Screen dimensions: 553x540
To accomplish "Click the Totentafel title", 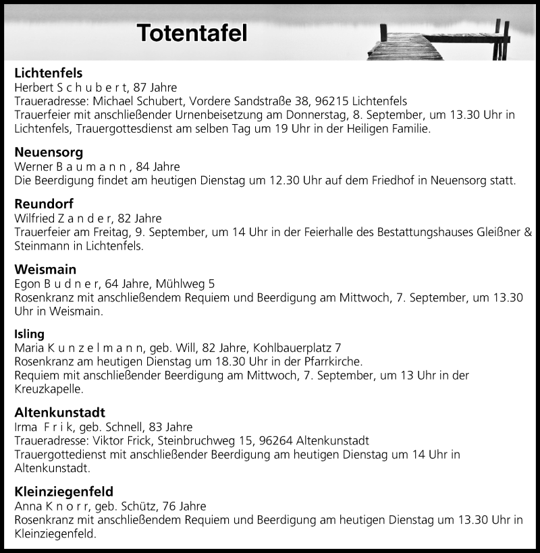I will tap(192, 33).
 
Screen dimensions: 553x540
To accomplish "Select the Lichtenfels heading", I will tap(49, 73).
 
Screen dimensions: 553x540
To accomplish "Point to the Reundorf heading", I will tap(44, 204).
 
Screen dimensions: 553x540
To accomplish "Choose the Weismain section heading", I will tap(45, 269).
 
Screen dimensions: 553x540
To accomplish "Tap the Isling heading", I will tap(30, 334).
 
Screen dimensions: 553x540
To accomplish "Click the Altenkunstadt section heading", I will tap(59, 412).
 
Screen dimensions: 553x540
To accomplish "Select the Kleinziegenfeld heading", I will tap(63, 491).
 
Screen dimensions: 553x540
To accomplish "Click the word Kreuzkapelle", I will tap(49, 389).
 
